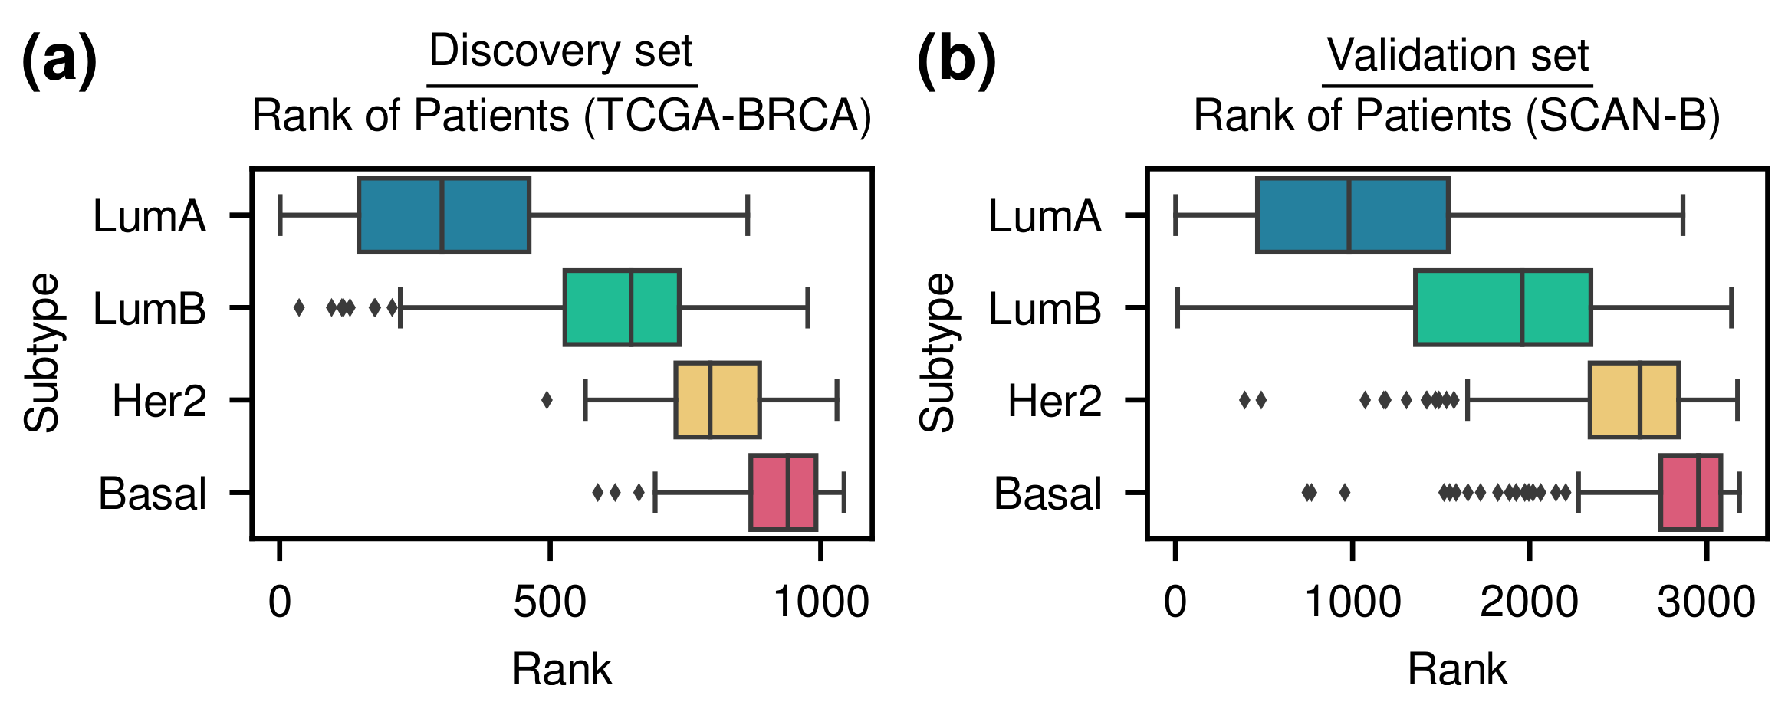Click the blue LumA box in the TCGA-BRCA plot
point(443,215)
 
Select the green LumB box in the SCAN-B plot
point(1502,307)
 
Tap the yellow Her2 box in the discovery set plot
point(717,399)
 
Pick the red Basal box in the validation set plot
point(1690,492)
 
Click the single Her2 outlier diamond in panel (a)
point(547,400)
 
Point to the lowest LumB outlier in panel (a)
point(299,308)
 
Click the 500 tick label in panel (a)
point(549,602)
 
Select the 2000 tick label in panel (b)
point(1528,602)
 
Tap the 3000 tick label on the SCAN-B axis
point(1705,602)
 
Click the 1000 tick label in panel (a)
point(820,602)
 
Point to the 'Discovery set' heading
point(560,51)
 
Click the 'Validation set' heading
point(1457,55)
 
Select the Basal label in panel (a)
point(152,494)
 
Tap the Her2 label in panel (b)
point(1054,401)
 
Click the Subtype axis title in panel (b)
point(936,353)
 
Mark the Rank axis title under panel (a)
point(561,669)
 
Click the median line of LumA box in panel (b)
point(1349,215)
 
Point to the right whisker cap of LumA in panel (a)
point(748,215)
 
